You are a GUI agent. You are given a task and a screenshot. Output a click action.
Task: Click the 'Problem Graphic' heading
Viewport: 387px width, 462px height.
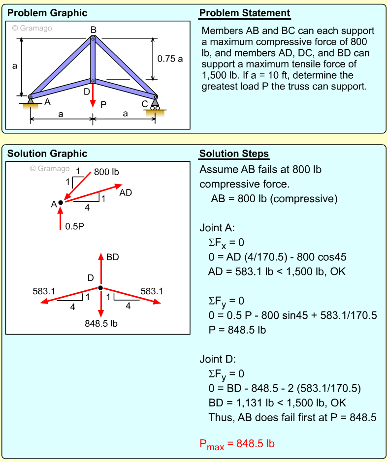47,13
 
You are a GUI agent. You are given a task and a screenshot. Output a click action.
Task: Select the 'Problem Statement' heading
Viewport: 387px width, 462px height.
245,13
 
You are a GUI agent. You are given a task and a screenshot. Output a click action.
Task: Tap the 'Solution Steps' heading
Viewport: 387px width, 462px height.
234,154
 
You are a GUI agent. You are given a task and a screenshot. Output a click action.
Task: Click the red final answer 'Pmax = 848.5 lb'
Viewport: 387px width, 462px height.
237,444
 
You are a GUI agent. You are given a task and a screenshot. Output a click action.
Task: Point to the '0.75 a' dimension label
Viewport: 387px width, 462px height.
170,59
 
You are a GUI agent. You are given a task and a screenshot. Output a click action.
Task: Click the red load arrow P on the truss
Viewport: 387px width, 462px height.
93,98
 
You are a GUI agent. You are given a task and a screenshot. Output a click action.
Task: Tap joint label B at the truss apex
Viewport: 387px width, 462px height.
93,30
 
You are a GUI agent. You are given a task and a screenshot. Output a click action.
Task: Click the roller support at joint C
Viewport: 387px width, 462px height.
155,104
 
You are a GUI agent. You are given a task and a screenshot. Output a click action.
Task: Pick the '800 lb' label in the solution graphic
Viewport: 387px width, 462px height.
106,172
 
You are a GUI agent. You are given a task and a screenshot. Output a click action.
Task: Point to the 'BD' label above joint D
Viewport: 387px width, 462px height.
112,257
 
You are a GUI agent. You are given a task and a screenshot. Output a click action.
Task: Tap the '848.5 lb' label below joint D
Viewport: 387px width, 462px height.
101,323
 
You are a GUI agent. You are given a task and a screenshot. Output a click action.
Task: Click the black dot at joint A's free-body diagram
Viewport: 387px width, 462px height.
61,202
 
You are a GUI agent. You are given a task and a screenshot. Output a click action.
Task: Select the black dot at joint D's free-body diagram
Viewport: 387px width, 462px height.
100,288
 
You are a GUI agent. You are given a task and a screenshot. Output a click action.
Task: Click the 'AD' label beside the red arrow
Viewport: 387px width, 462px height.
126,192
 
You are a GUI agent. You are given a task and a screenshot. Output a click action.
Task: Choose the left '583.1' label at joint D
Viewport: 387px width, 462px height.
44,291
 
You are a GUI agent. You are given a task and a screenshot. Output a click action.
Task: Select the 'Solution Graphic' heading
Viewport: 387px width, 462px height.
47,154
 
